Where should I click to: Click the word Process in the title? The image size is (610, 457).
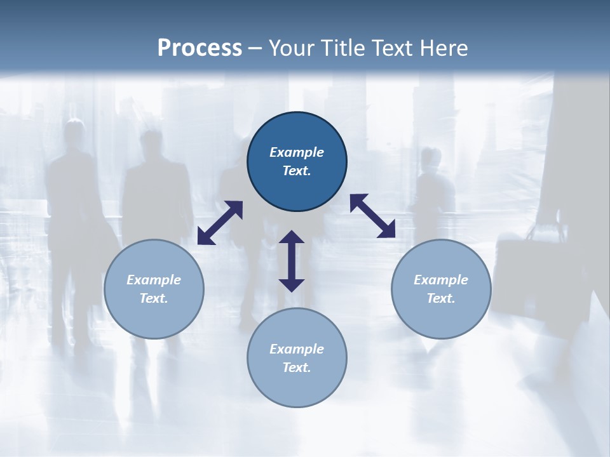point(200,48)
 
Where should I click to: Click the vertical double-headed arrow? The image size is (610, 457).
point(292,261)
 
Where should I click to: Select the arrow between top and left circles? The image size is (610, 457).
point(220,223)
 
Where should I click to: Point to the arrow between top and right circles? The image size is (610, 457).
point(373,216)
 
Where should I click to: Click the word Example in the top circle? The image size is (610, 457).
point(297,152)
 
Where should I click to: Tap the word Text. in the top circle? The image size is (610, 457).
point(297,171)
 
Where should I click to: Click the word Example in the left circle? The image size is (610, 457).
point(154,280)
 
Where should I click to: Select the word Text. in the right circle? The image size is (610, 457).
point(441,298)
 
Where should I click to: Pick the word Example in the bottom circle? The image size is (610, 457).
point(297,349)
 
